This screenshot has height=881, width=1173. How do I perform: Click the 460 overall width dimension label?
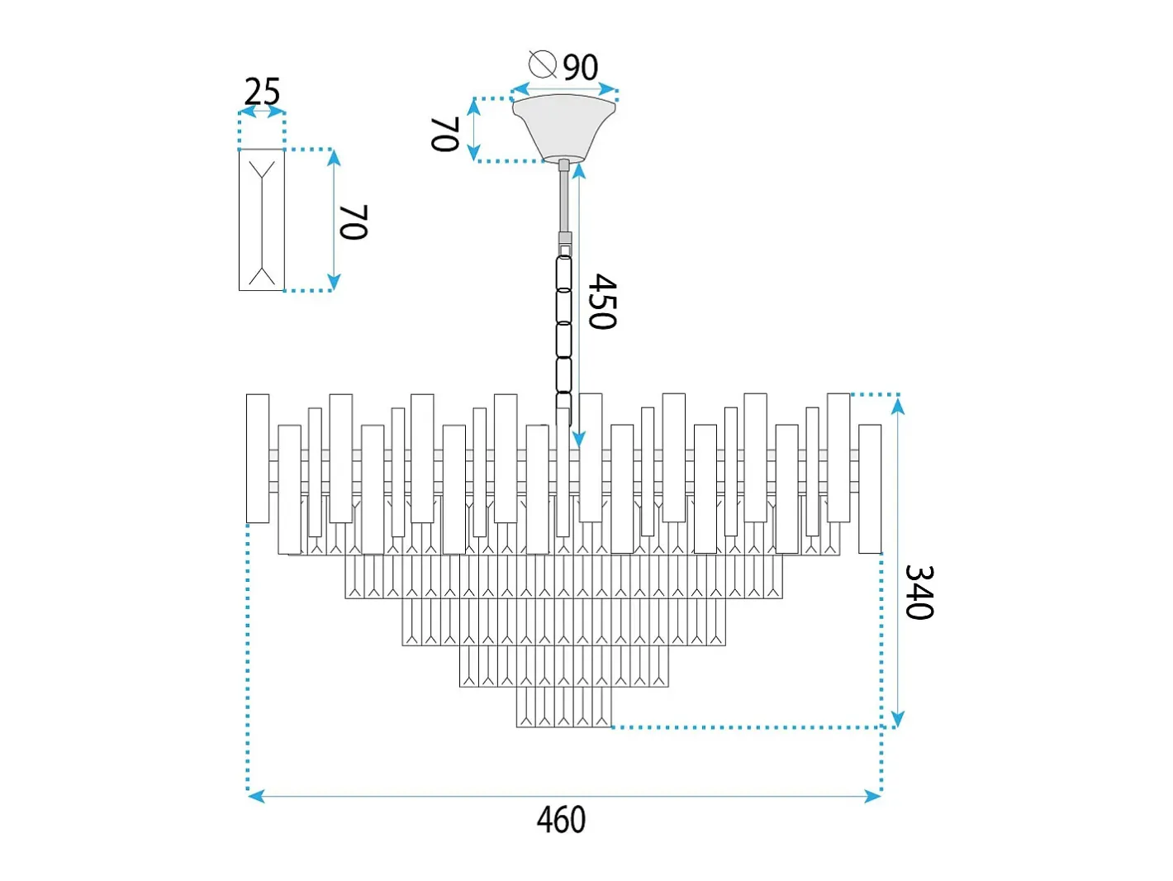click(x=561, y=820)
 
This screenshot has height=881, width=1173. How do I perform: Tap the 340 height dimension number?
click(x=919, y=592)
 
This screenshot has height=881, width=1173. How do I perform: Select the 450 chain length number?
click(x=602, y=302)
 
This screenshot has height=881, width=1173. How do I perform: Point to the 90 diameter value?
click(x=581, y=68)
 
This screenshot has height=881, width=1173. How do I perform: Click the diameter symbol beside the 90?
click(x=543, y=64)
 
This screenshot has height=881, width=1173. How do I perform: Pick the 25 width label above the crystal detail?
click(x=262, y=92)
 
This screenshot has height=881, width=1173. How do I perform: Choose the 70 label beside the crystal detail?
click(x=354, y=221)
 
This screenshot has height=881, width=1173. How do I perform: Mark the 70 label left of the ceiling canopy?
click(x=445, y=134)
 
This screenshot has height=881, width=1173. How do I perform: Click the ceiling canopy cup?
click(x=564, y=128)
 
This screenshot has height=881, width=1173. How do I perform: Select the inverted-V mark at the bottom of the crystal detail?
click(x=262, y=275)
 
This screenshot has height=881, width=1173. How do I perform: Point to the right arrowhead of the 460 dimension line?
click(x=872, y=797)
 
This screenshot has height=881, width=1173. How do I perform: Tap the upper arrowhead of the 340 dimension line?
click(x=898, y=407)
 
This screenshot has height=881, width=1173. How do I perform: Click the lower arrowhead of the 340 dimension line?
click(x=898, y=718)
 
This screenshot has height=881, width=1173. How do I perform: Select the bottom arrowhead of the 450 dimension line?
click(x=579, y=439)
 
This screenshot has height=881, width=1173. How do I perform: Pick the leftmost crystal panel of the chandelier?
click(x=258, y=458)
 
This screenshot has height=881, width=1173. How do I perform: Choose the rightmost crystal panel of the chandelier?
click(x=870, y=488)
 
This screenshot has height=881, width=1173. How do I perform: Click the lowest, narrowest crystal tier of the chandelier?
click(x=564, y=707)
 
